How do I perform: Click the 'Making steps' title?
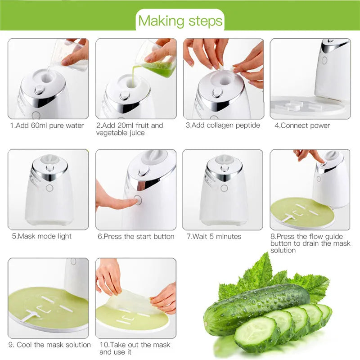click(x=180, y=21)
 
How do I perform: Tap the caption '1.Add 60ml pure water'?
click(x=47, y=126)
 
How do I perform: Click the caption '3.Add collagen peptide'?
click(x=223, y=126)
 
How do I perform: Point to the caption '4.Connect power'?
click(x=302, y=126)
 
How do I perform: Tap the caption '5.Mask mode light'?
click(x=42, y=236)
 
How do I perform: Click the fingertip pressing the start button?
click(x=130, y=202)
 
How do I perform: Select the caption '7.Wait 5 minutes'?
click(x=214, y=236)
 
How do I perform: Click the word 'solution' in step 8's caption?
click(x=283, y=250)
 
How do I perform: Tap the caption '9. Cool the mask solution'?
click(x=49, y=345)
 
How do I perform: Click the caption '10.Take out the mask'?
click(x=135, y=345)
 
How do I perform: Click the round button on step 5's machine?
click(x=50, y=188)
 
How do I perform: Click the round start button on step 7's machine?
click(x=224, y=188)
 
